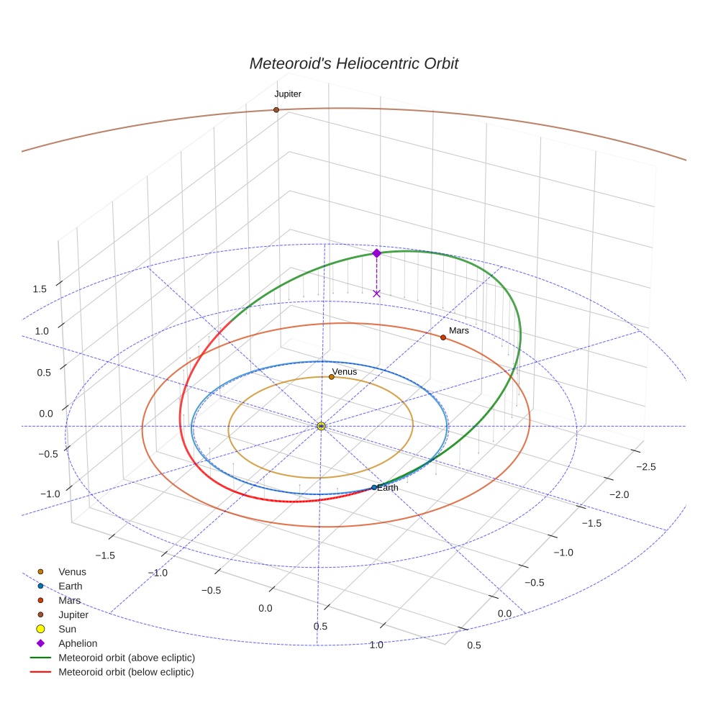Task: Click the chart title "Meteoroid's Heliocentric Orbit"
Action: (353, 63)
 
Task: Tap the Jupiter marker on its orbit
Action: (276, 110)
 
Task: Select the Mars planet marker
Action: (442, 337)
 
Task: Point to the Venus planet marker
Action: (331, 377)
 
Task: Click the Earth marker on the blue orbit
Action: (373, 488)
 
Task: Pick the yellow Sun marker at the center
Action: (321, 426)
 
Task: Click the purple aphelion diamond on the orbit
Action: (376, 253)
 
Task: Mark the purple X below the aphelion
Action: (376, 294)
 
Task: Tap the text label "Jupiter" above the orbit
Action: (288, 94)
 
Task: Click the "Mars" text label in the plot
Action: (459, 331)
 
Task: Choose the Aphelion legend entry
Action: (78, 643)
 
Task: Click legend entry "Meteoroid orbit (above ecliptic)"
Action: (127, 658)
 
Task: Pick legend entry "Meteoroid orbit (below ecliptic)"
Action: (126, 672)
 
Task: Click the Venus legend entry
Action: (72, 571)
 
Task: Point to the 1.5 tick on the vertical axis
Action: (40, 289)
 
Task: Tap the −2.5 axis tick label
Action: (646, 467)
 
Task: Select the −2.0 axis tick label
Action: (619, 494)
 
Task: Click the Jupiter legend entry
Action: (73, 614)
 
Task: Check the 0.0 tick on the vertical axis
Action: (45, 414)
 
